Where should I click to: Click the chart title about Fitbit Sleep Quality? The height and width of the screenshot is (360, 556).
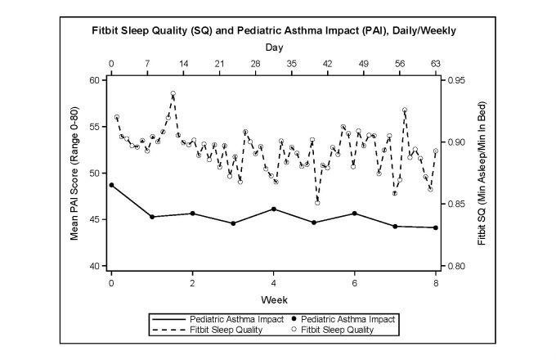point(273,30)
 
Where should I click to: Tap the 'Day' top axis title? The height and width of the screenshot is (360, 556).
point(273,48)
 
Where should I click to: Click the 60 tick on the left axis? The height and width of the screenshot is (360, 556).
point(92,80)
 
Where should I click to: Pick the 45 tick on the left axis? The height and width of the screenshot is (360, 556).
point(92,220)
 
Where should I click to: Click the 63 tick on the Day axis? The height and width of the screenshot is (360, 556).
point(436,63)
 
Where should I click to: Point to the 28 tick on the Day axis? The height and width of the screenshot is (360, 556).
point(255,63)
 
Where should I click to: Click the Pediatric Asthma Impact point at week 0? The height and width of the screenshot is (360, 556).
point(111,185)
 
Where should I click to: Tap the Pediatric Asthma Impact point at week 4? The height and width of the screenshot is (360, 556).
point(273,209)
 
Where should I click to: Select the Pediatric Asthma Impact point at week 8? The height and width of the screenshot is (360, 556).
point(436,227)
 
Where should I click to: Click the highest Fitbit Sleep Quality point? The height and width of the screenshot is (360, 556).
point(173,93)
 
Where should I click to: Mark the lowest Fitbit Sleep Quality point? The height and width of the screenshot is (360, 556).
point(317,202)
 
